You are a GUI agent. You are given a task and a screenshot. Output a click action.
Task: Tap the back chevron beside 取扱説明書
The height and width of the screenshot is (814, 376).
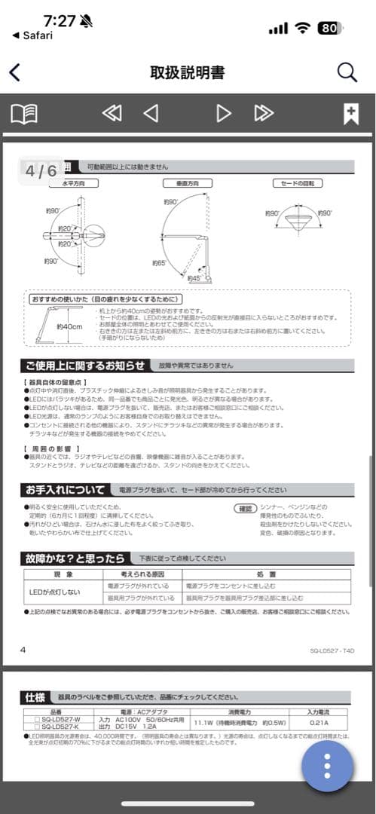tap(14, 72)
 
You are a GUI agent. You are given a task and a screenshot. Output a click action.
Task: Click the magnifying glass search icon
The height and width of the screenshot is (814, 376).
tap(347, 72)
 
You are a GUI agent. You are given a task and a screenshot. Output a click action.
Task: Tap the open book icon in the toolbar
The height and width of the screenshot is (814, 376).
tap(24, 114)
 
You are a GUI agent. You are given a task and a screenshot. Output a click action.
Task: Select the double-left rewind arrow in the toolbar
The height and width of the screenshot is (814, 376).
tap(112, 114)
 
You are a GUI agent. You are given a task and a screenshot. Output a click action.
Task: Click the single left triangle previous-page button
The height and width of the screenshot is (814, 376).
tap(151, 114)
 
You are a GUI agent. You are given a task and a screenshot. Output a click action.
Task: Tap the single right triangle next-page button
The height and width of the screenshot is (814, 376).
tap(224, 114)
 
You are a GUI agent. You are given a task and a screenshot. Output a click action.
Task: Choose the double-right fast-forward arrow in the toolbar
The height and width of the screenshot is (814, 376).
tap(264, 114)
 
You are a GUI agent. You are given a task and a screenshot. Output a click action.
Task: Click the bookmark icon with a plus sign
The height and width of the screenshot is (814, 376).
tap(350, 114)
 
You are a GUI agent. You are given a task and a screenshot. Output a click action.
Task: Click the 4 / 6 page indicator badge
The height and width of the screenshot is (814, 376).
tap(41, 171)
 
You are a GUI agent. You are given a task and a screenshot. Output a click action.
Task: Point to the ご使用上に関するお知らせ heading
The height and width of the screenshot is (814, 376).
tap(84, 366)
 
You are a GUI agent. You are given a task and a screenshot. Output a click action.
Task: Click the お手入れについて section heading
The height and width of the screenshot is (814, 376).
tap(66, 490)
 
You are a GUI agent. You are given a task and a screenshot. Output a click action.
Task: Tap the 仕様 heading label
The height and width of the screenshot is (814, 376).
tap(35, 697)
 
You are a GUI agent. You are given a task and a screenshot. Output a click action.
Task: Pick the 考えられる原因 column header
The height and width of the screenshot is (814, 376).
tap(142, 574)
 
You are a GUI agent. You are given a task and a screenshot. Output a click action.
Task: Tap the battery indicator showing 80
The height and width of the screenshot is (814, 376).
tap(329, 29)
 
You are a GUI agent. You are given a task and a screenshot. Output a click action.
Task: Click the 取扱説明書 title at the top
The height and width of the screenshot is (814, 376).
tap(188, 72)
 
